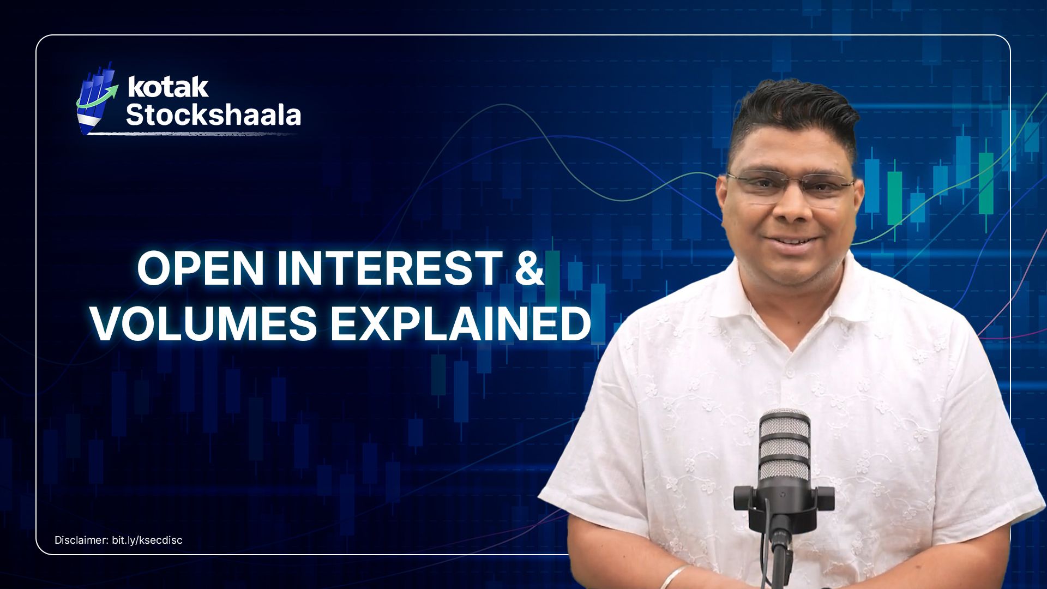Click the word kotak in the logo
168,87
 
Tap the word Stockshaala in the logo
213,115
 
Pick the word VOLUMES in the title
204,324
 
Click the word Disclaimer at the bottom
81,540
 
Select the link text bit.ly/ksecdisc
147,540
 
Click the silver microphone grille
784,444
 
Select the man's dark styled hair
791,112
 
